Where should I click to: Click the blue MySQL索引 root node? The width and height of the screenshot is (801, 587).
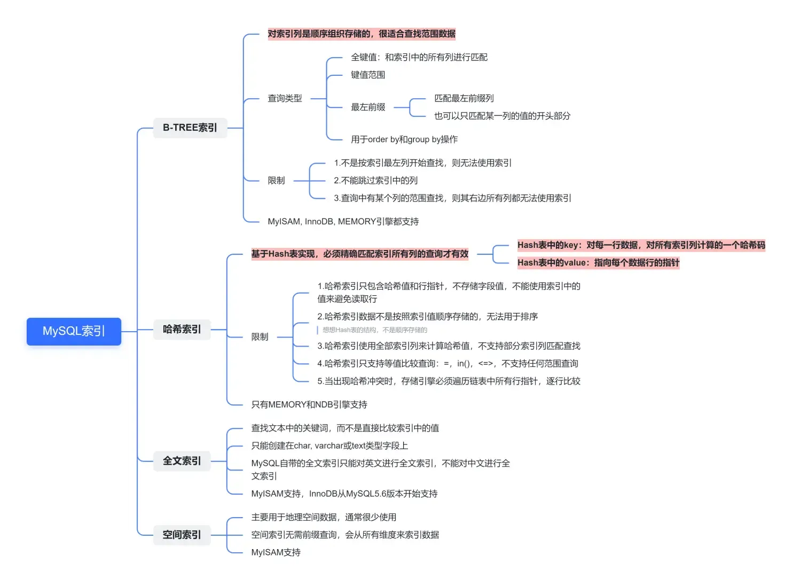tap(74, 331)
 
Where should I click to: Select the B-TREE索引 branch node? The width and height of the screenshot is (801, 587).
tap(190, 128)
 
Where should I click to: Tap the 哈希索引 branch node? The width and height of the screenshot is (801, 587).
tap(182, 329)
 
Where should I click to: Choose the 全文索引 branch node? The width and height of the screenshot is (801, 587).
tap(182, 460)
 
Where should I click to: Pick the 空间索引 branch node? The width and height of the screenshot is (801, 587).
tap(182, 534)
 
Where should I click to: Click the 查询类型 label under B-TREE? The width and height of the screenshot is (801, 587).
tap(285, 98)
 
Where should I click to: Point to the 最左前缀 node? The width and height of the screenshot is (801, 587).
tap(368, 107)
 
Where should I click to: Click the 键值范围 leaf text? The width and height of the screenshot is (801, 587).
tap(368, 75)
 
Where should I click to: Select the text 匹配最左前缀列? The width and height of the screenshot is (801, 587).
tap(464, 98)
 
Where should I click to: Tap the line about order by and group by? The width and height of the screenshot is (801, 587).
tap(404, 139)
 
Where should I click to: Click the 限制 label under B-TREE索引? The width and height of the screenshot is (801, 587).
tap(276, 181)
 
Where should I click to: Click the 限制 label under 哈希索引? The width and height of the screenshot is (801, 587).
tap(260, 337)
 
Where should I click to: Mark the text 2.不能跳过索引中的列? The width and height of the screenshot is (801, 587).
tap(375, 181)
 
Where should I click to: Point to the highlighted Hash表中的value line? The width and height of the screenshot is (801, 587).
tap(598, 263)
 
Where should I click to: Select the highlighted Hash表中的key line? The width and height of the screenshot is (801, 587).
tap(641, 245)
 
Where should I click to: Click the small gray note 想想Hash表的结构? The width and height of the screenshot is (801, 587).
tap(374, 330)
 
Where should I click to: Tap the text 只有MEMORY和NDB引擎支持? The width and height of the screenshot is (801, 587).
tap(309, 405)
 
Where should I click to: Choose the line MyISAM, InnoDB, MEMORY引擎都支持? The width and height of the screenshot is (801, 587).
tap(343, 222)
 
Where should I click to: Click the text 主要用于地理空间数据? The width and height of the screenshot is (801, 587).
tap(324, 517)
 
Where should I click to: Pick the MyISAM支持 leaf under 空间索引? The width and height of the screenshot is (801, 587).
tap(276, 552)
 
